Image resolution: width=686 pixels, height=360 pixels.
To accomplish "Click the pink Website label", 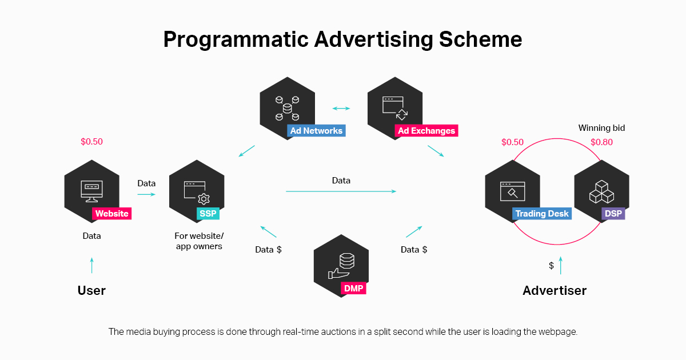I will coord(112,214).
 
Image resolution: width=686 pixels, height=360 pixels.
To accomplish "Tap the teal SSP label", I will coord(208,214).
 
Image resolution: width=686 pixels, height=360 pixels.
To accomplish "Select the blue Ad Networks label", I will coord(316,131).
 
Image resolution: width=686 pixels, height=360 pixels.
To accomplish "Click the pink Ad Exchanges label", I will coord(426,131).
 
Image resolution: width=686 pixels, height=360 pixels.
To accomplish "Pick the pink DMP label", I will coord(354,289).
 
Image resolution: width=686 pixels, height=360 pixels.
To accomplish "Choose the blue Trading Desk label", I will coord(542,214).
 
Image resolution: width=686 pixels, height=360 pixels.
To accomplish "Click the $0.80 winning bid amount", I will coord(601,142).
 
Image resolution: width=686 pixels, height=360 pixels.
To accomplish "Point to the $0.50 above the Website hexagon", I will coord(91,142).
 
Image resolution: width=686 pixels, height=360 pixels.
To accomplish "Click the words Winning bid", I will coord(601,128).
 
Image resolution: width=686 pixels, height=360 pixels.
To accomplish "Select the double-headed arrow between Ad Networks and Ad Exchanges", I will coord(341,108).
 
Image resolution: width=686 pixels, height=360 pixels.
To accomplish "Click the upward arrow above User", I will coord(91,265).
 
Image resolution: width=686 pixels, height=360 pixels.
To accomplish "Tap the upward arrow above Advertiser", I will coord(561,265).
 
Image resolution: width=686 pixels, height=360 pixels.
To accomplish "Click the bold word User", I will coord(91,290).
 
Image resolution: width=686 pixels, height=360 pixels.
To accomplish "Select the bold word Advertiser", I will coord(555,290).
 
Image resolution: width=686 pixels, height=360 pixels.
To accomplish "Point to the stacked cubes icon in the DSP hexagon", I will coord(601,191).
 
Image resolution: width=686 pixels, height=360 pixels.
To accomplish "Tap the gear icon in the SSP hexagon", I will coord(204,198).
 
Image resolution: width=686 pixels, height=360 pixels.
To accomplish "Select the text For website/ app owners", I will coord(199,241).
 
